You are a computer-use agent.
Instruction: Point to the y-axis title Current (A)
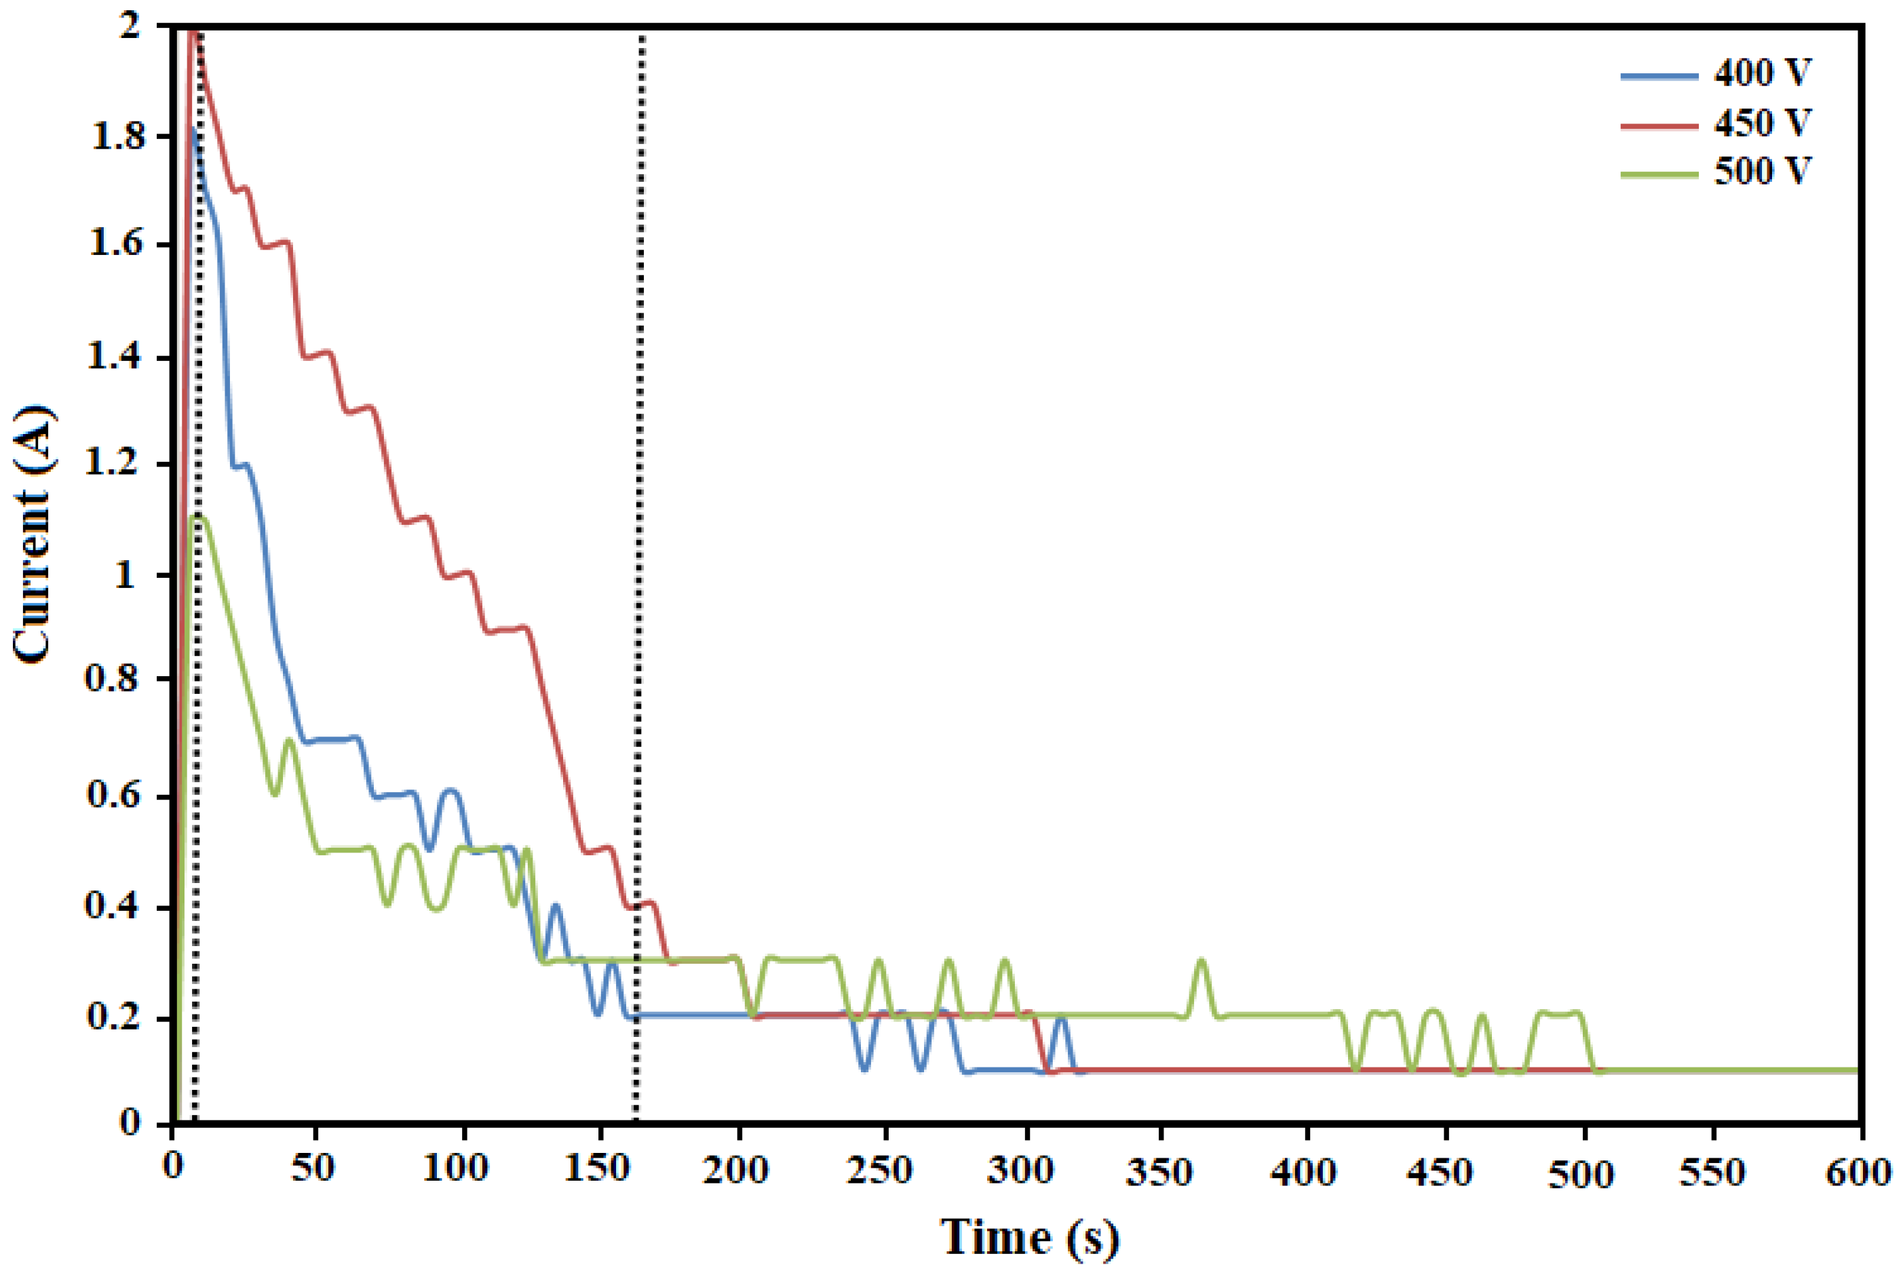click(x=34, y=532)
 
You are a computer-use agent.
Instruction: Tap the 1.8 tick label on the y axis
click(x=119, y=136)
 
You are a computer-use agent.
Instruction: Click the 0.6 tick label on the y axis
click(x=119, y=793)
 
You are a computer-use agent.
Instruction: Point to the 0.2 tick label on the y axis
click(x=119, y=1017)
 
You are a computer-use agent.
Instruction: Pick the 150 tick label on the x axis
click(x=598, y=1169)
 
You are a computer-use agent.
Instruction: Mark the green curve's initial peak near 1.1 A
click(x=197, y=517)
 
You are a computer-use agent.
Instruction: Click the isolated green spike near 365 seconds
click(x=1202, y=961)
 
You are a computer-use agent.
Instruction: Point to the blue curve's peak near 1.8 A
click(x=193, y=130)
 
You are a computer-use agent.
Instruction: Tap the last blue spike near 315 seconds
click(x=1060, y=1018)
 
